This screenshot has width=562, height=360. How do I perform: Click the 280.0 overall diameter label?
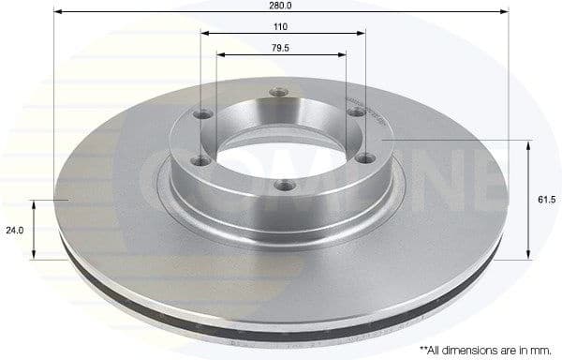click(282, 6)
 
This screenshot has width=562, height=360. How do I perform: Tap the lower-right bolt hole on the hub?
click(356, 159)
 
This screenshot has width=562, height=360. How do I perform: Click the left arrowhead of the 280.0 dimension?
click(59, 13)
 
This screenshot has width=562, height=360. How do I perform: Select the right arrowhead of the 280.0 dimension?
click(506, 13)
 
